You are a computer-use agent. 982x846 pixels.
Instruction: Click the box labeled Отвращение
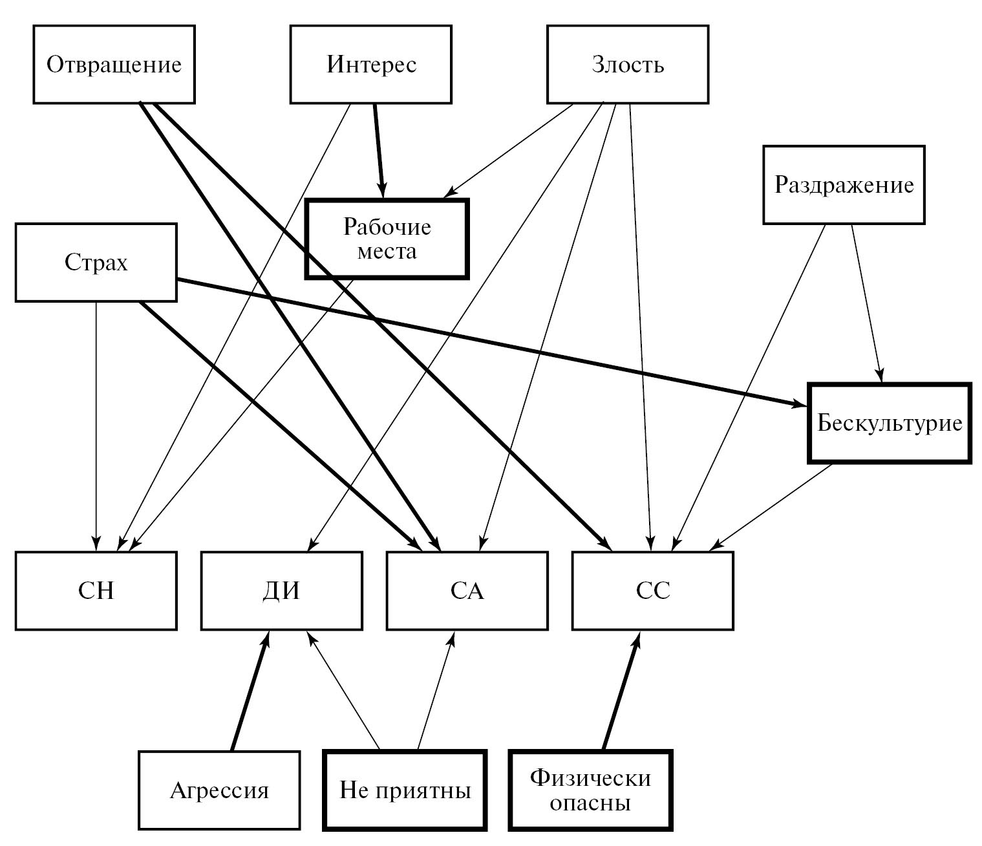114,65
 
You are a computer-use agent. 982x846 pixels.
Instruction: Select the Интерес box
371,65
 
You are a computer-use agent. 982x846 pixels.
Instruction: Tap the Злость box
628,65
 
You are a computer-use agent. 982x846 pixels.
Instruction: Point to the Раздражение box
844,185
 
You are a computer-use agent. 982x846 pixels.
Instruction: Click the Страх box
96,262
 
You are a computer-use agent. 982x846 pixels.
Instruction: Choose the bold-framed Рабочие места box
387,239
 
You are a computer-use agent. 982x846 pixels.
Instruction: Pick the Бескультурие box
890,423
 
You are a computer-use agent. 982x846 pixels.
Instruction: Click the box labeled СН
96,591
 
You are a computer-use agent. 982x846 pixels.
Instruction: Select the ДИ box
281,591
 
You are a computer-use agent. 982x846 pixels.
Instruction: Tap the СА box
467,591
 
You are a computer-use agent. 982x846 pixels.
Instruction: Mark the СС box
653,591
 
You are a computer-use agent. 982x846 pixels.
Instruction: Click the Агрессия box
219,790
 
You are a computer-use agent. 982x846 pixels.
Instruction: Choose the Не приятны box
405,790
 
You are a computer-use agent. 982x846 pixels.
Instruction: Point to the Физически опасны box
591,790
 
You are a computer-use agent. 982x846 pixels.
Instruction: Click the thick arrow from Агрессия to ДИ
249,692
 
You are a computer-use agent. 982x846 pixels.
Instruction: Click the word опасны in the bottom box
591,804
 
